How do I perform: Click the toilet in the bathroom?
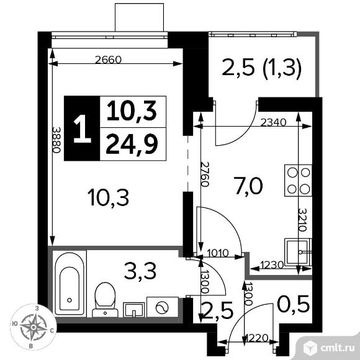pyautogui.click(x=105, y=300)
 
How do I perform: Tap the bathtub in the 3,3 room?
pyautogui.click(x=70, y=283)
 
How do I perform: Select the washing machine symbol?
pyautogui.click(x=163, y=307)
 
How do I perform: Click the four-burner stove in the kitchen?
pyautogui.click(x=298, y=181)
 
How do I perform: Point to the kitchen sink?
pyautogui.click(x=298, y=252)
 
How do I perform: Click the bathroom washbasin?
pyautogui.click(x=134, y=310)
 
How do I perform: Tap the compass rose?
pyautogui.click(x=34, y=326)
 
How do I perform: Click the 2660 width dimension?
pyautogui.click(x=108, y=60)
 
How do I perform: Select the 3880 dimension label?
pyautogui.click(x=56, y=140)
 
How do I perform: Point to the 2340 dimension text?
pyautogui.click(x=274, y=123)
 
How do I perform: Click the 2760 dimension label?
pyautogui.click(x=205, y=174)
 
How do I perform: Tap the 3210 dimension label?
pyautogui.click(x=303, y=220)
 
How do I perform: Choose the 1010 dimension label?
pyautogui.click(x=218, y=253)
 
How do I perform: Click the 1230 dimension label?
pyautogui.click(x=272, y=266)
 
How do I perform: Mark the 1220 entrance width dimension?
pyautogui.click(x=256, y=338)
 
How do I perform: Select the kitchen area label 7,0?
pyautogui.click(x=248, y=186)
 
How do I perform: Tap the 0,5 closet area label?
pyautogui.click(x=294, y=304)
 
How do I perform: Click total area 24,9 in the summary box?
pyautogui.click(x=132, y=145)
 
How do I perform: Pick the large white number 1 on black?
pyautogui.click(x=82, y=128)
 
